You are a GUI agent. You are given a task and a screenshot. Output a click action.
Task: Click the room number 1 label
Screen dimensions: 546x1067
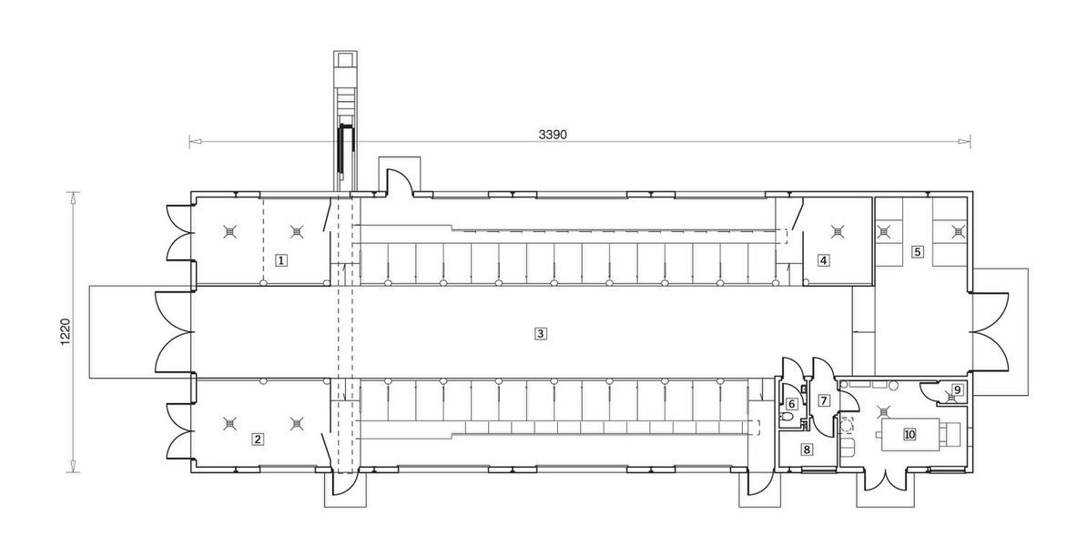tap(282, 260)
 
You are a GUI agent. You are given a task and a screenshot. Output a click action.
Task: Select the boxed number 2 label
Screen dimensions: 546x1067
tap(258, 439)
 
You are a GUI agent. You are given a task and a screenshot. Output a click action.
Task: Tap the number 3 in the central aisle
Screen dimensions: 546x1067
tap(541, 333)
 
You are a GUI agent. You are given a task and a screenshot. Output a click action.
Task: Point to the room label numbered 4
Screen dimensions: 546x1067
tap(823, 260)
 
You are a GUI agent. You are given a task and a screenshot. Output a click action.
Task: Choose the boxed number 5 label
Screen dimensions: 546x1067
tap(919, 250)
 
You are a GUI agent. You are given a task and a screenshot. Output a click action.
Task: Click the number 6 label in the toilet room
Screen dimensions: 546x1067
tap(792, 403)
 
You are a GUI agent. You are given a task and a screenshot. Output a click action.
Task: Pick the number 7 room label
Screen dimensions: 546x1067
tap(824, 399)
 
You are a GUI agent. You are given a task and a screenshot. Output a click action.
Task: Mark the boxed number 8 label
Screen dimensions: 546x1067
tap(807, 449)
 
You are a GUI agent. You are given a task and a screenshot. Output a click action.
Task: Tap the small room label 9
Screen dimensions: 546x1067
tap(955, 391)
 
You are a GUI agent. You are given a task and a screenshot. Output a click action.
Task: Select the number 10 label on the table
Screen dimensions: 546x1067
tap(909, 434)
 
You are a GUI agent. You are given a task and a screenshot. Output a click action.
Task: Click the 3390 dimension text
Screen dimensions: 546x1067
tap(553, 134)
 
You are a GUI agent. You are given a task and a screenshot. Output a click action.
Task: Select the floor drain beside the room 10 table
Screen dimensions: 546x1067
tap(881, 411)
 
